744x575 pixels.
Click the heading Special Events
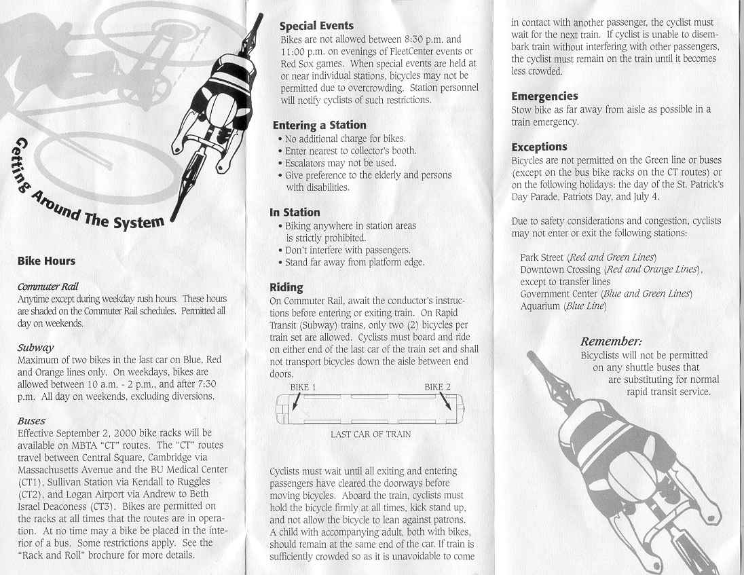(x=316, y=26)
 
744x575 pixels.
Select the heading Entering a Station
(x=319, y=125)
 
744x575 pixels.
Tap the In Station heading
(x=295, y=212)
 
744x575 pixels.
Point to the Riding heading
(x=286, y=287)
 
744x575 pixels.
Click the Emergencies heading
(x=544, y=96)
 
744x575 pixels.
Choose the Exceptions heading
(x=539, y=147)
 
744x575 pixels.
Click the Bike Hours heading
(x=46, y=261)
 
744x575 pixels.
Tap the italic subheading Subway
(x=35, y=347)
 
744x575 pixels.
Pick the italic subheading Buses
(x=31, y=420)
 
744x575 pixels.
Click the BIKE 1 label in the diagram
(x=303, y=387)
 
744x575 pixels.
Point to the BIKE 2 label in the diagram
(x=438, y=387)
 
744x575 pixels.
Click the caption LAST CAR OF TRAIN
(x=371, y=434)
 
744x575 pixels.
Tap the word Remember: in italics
(x=611, y=341)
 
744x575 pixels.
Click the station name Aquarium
(x=540, y=306)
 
